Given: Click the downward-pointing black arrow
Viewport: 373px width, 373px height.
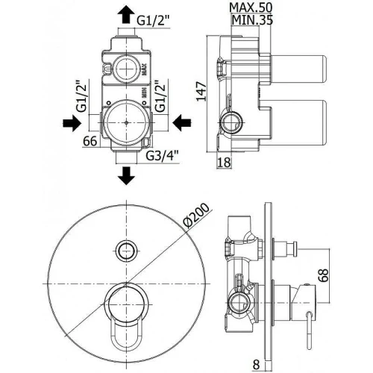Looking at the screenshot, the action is [126, 175].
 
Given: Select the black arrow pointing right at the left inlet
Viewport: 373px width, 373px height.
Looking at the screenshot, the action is [72, 123].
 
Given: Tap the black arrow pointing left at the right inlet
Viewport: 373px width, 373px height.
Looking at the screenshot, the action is [182, 122].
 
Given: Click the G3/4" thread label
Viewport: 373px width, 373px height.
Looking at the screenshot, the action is [162, 156].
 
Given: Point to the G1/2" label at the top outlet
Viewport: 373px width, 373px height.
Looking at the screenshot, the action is [153, 21].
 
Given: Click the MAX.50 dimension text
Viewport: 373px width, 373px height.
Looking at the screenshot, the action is [251, 7].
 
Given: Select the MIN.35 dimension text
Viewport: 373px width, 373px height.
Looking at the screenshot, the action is [252, 20].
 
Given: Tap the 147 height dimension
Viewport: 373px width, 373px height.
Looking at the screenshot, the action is [201, 91].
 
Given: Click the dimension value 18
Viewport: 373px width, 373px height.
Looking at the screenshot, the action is [224, 163].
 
